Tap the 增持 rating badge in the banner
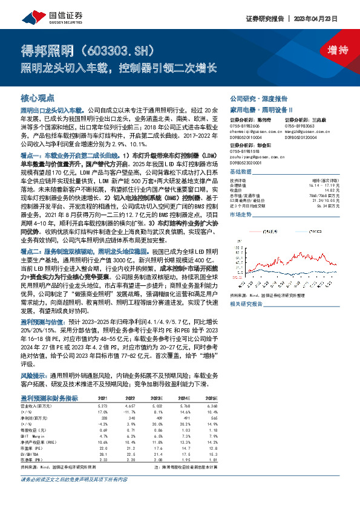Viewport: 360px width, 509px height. (x=329, y=50)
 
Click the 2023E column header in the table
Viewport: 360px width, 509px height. (x=158, y=398)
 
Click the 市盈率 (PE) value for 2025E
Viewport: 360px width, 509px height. (x=211, y=447)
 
